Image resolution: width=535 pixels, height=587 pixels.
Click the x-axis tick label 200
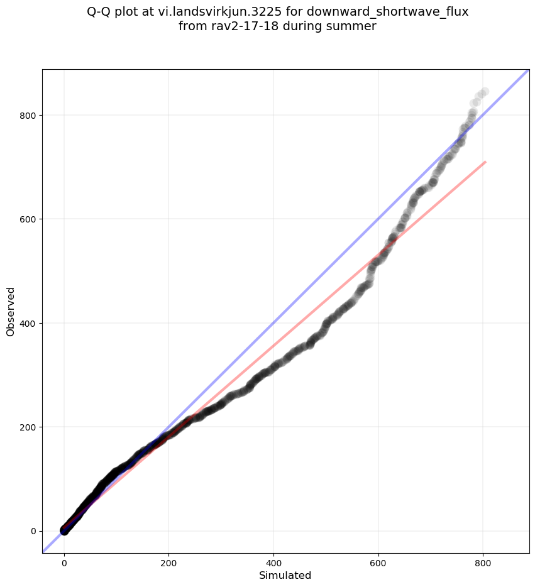coord(168,564)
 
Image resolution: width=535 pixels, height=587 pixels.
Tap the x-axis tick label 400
coord(273,564)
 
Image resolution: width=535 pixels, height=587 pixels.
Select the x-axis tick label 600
coord(378,564)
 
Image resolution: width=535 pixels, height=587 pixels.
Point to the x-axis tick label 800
coord(483,564)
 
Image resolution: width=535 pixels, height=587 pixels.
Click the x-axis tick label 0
coord(64,564)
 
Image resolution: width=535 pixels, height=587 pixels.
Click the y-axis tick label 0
coord(31,531)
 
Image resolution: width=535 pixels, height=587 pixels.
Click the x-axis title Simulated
coord(285,576)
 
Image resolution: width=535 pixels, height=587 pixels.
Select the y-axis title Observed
coord(11,311)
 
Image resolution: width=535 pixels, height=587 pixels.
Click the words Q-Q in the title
coord(99,12)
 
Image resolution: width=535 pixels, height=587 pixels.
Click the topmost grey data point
coord(485,92)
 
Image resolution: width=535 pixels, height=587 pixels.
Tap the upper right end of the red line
coord(485,162)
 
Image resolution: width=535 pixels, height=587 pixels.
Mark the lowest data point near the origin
coord(64,531)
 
